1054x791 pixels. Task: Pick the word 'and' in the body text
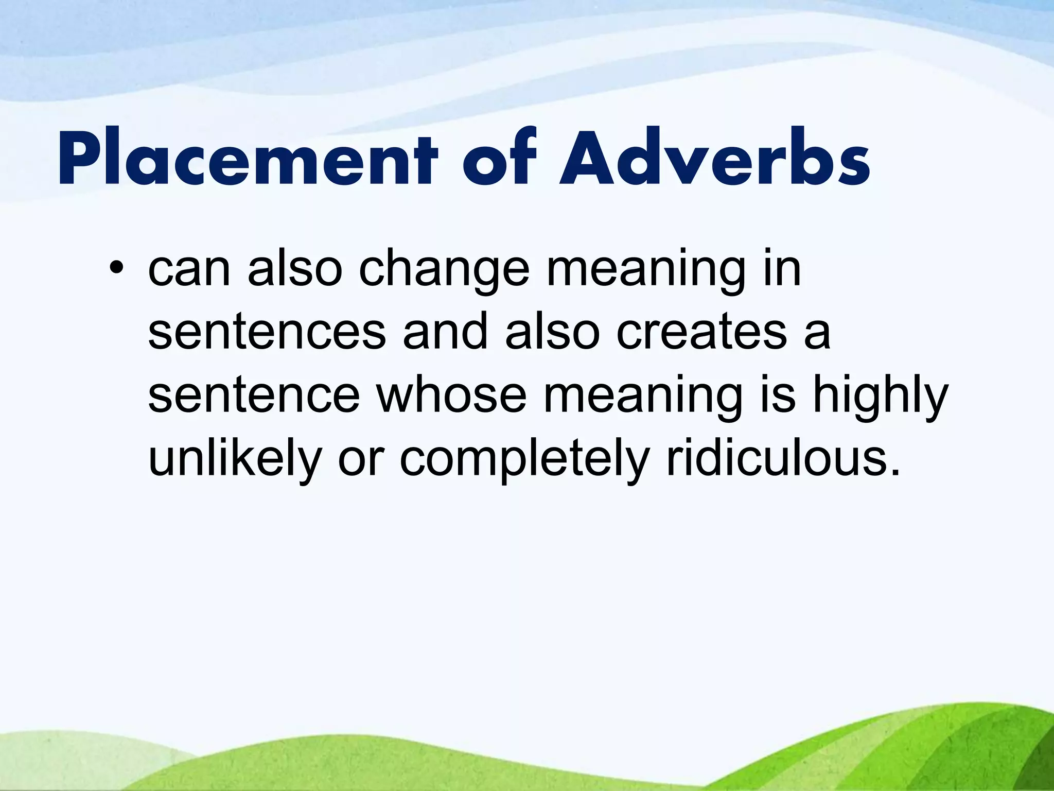445,332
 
